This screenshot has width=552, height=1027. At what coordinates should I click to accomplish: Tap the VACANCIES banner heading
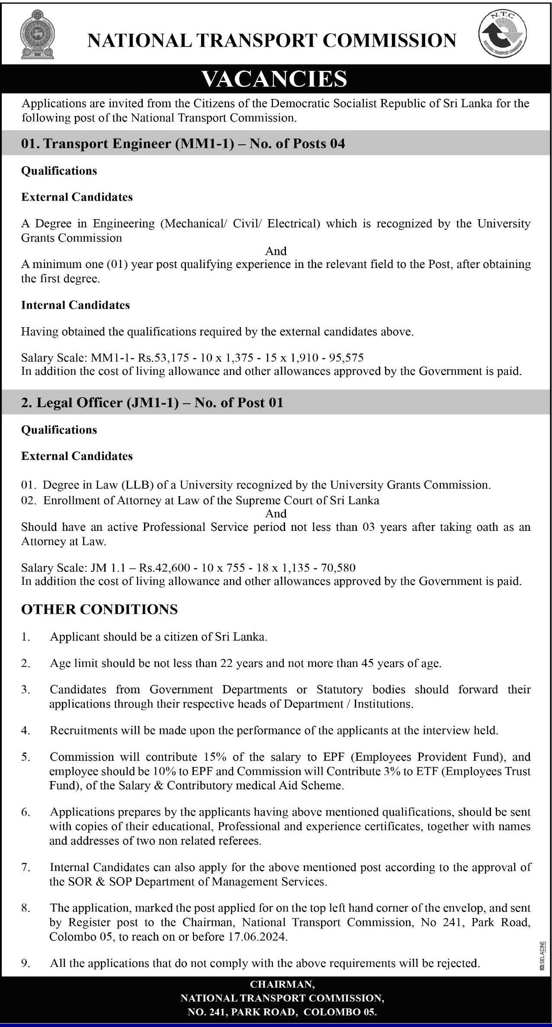point(275,79)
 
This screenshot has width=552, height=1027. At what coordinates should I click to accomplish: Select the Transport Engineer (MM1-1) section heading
point(183,144)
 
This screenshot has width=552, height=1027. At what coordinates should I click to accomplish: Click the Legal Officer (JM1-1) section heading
point(152,402)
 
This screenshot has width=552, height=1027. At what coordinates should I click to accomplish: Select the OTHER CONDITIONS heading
point(99,609)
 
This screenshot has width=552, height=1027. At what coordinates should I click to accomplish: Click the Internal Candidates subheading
point(75,305)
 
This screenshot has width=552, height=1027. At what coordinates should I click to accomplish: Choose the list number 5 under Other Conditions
point(26,757)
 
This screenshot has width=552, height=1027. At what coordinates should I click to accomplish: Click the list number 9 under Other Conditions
point(26,963)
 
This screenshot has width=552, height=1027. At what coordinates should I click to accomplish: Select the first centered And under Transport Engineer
point(276,251)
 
